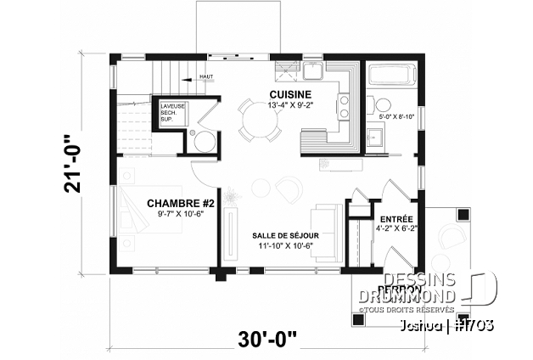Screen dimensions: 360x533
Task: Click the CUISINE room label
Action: (290, 94)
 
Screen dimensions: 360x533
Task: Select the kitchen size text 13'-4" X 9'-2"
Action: (290, 106)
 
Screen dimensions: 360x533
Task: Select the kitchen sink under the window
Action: (312, 69)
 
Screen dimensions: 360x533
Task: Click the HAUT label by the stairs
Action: (205, 77)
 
